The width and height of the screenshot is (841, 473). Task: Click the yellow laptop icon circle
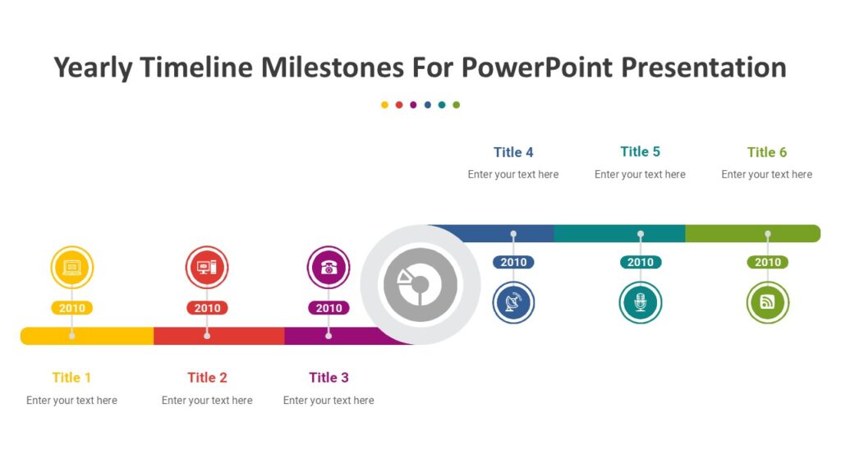(72, 268)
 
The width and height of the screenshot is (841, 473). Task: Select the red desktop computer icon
(207, 268)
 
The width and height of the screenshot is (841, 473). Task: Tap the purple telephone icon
(329, 268)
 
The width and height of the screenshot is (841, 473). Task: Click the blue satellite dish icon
(514, 302)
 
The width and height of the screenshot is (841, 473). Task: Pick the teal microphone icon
(641, 302)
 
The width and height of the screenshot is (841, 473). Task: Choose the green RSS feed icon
(768, 302)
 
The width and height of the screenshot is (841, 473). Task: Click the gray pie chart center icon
(420, 285)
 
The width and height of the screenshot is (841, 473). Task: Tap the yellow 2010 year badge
(72, 309)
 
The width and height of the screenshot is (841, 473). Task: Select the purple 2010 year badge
(329, 309)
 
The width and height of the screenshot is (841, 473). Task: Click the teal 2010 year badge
(641, 263)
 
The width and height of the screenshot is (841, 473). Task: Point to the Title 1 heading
(72, 378)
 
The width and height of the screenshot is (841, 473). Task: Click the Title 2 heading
(207, 378)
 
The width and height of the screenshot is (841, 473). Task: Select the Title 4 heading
(513, 152)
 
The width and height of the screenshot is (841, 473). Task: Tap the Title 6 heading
(767, 152)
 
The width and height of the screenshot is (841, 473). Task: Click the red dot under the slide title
(399, 105)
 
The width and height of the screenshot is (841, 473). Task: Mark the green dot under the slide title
(457, 105)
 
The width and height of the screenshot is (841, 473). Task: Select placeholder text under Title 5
(640, 174)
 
